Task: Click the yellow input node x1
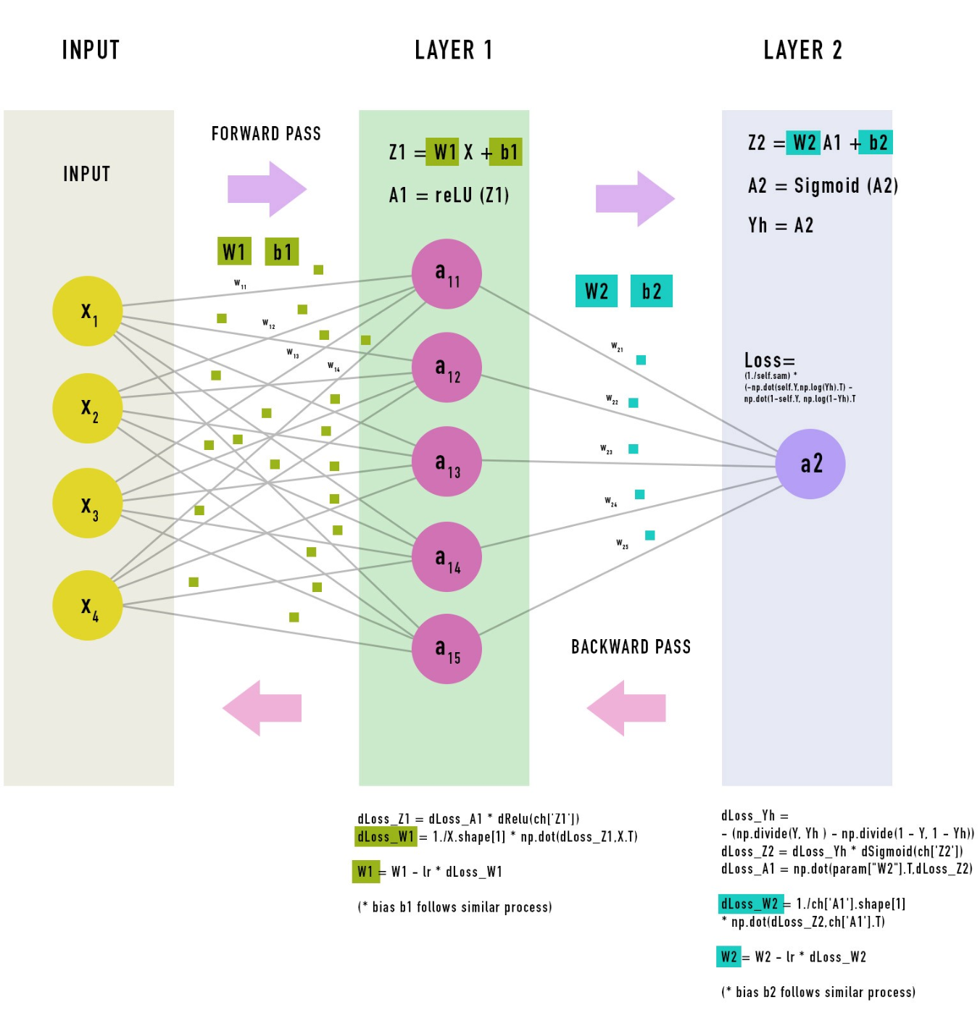tap(87, 311)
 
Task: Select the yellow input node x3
tap(87, 503)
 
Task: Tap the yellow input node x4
tap(87, 605)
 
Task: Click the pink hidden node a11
tap(447, 274)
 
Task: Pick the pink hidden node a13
tap(447, 462)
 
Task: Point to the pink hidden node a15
tap(447, 649)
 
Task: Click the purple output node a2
tap(810, 464)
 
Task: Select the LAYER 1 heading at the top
tap(453, 50)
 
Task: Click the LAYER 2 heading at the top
tap(802, 50)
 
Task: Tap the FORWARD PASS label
tap(266, 133)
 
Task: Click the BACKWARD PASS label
tap(631, 646)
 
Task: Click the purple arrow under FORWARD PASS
tap(267, 189)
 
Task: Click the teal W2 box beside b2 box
tap(596, 291)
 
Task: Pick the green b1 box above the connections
tap(281, 251)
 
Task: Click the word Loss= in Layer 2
tap(769, 360)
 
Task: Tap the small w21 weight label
tap(617, 347)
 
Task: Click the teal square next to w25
tap(649, 535)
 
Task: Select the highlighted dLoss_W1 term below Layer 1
tap(386, 837)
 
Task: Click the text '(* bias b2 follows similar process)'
tap(818, 992)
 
